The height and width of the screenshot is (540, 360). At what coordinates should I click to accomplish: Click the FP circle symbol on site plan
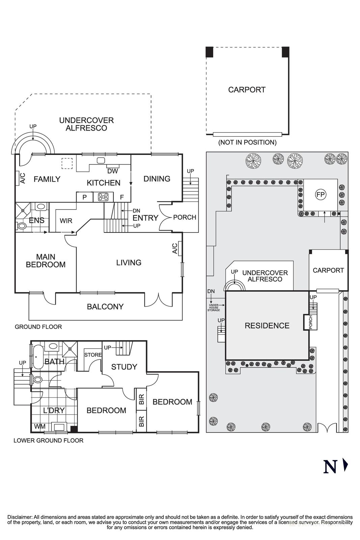point(320,194)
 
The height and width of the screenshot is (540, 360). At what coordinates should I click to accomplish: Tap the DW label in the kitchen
point(112,171)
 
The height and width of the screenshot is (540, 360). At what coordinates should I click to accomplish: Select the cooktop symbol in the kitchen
point(103,197)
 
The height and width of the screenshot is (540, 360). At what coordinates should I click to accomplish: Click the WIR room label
point(66,221)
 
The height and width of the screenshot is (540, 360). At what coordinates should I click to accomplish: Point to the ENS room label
point(36,221)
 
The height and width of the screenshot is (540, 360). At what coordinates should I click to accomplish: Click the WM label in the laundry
point(39,427)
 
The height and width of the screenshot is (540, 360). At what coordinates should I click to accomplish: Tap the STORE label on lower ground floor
point(93,355)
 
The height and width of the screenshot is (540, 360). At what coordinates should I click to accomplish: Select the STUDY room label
point(124,367)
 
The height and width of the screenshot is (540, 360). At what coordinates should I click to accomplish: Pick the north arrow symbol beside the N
point(345,465)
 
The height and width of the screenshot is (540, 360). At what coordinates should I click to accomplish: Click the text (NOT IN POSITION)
point(247,142)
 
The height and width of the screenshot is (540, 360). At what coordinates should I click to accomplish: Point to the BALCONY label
point(105,306)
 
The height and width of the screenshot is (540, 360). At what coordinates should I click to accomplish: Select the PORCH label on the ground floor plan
point(185,217)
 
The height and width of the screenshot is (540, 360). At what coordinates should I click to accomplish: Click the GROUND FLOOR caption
point(38,327)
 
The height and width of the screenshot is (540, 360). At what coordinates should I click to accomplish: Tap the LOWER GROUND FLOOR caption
point(48,440)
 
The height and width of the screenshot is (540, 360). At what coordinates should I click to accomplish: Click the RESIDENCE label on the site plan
point(267,326)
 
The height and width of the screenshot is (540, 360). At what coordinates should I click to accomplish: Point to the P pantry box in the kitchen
point(84,197)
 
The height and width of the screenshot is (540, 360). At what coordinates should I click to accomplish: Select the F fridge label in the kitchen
point(122,197)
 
